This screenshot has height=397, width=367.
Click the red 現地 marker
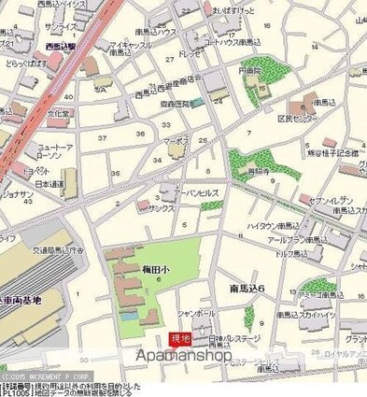click(177, 338)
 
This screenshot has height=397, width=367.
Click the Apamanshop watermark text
click(184, 356)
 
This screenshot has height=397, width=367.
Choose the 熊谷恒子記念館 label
click(332, 152)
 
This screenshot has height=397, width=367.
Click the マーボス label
click(176, 143)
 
